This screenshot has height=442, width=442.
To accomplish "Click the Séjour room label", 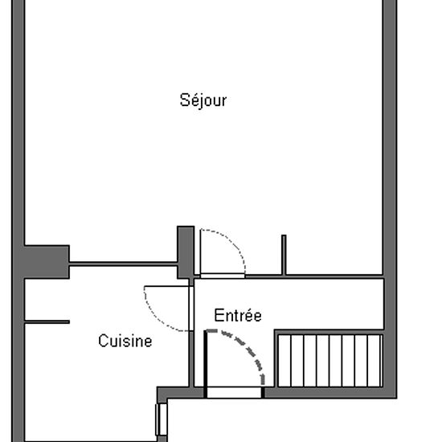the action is point(203,100).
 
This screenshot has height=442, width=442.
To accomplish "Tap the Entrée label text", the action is point(238,315).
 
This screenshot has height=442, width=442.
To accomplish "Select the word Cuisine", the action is point(125,341).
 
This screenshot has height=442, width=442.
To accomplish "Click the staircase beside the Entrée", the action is point(330,361).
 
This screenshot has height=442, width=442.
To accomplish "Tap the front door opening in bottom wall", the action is point(234,393).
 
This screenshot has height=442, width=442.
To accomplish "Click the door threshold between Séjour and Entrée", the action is point(223,276).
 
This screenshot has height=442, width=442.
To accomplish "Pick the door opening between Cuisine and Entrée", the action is point(191,309).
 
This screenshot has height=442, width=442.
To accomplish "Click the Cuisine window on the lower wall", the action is point(162,419).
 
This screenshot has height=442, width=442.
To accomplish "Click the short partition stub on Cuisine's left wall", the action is point(47,322).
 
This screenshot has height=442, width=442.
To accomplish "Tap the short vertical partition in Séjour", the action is point(284,255).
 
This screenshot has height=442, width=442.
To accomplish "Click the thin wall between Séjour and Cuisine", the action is point(123,264).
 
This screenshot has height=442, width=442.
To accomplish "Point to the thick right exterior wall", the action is point(390,198).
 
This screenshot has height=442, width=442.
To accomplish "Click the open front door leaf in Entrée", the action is point(206,363).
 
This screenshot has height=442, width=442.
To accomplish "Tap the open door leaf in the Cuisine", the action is point(166,286).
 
